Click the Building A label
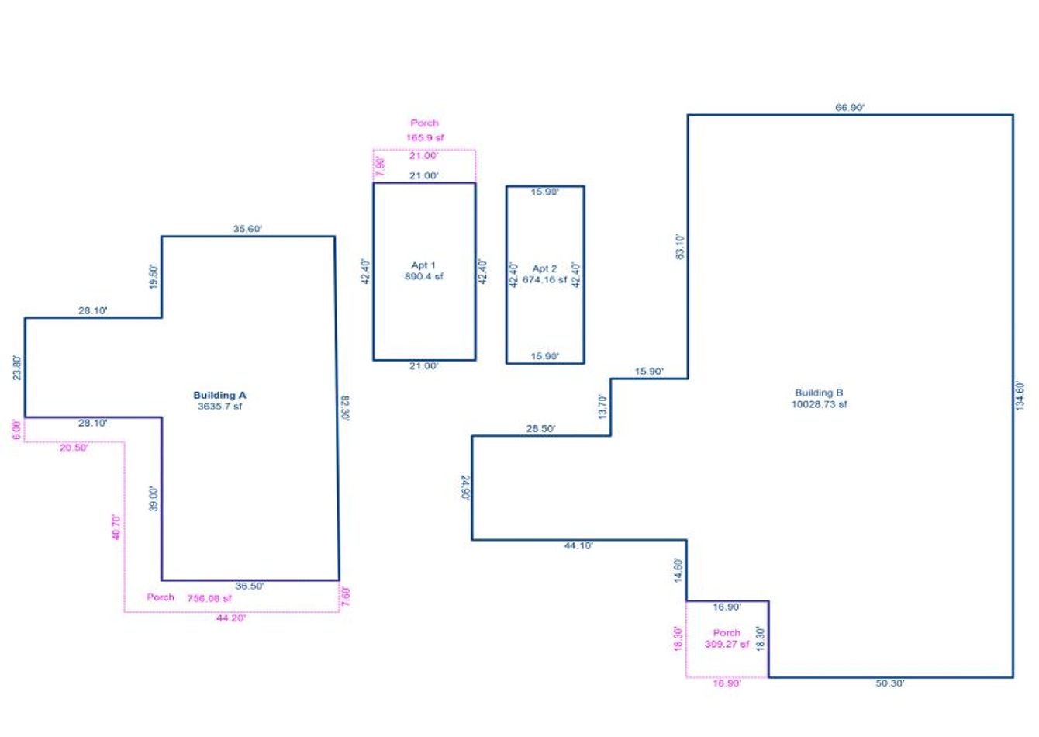tap(220, 395)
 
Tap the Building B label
tap(819, 393)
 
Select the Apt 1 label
tap(423, 265)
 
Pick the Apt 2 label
tap(544, 268)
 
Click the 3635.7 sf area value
tap(220, 406)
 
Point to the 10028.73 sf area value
tap(819, 404)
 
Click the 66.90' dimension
tap(850, 108)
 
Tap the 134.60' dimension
tap(1020, 396)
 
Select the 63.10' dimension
tap(679, 247)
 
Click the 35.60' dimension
tap(247, 229)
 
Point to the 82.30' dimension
tap(345, 408)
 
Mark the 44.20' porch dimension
tap(231, 618)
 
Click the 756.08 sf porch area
tap(209, 599)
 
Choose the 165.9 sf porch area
tap(425, 138)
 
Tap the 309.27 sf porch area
tap(727, 644)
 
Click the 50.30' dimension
tap(890, 683)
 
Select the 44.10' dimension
tap(578, 546)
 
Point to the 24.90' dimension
tap(465, 488)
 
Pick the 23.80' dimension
tap(17, 368)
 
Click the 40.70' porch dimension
tap(116, 528)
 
